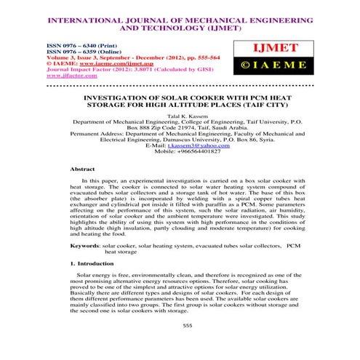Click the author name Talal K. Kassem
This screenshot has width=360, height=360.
pos(180,116)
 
